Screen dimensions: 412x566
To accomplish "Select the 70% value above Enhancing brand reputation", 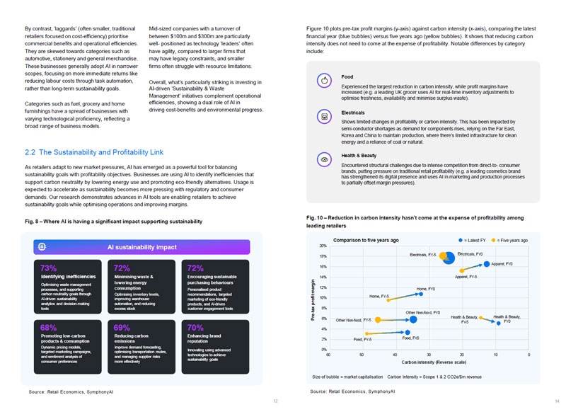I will tap(196, 328).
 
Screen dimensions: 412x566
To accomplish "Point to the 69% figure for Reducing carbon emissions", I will tap(122, 328).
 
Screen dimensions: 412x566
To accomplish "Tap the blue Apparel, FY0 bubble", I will tap(487, 263).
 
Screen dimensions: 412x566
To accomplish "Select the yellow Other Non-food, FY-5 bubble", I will tap(377, 320).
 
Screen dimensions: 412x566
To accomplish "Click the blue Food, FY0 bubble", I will tap(408, 332).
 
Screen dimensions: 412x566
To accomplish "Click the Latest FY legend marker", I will tap(461, 241).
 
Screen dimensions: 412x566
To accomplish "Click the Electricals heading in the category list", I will tap(352, 113).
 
